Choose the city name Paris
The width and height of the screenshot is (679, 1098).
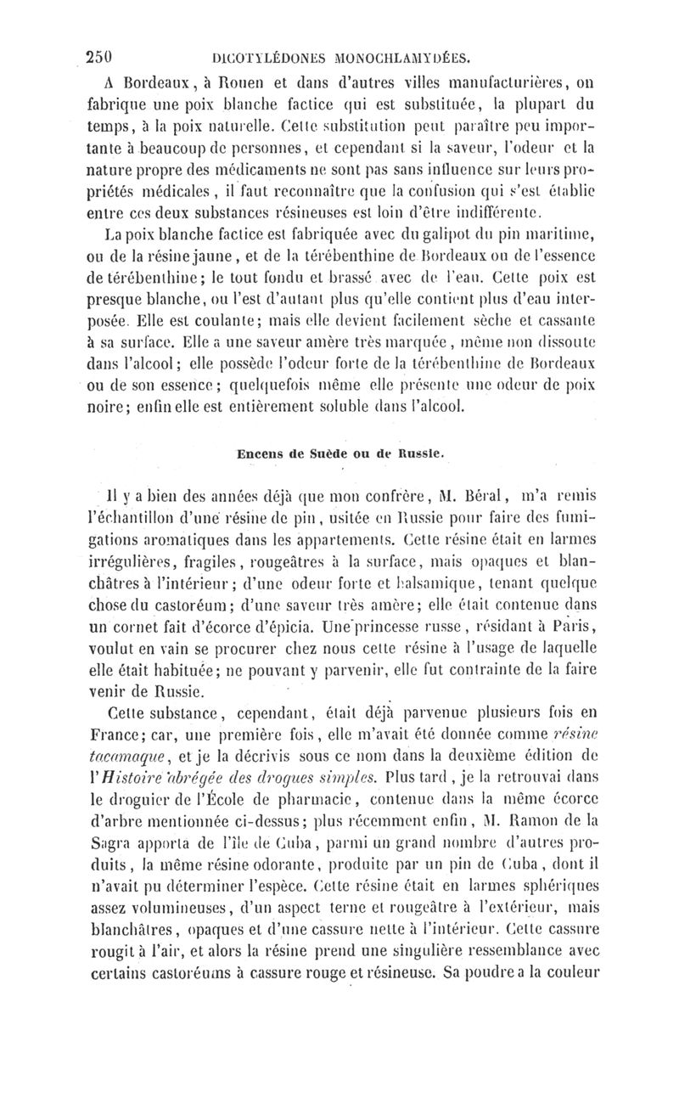(x=561, y=650)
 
